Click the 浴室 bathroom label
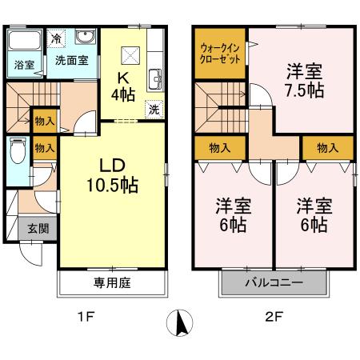coord(22,66)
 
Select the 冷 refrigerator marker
coord(56,38)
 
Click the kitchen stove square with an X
coord(129,54)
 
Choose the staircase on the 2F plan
coord(217,105)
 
